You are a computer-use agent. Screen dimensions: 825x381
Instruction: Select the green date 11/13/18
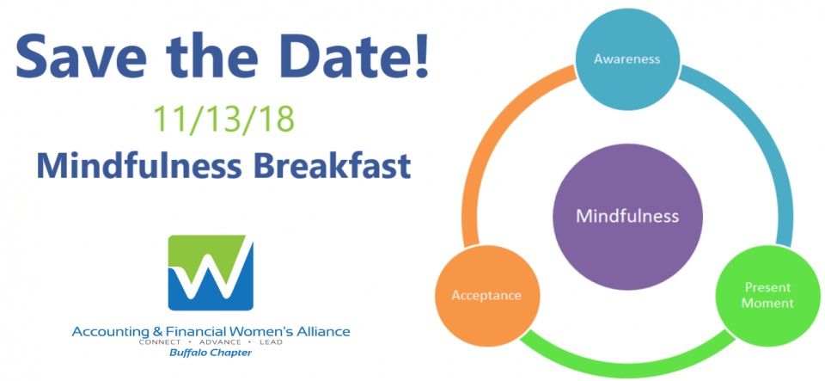click(x=223, y=120)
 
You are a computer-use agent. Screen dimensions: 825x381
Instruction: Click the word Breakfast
click(x=326, y=165)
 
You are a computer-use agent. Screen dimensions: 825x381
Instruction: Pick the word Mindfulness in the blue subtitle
click(x=133, y=165)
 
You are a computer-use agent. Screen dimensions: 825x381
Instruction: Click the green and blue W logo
click(x=211, y=272)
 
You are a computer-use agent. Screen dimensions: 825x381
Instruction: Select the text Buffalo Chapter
click(x=211, y=353)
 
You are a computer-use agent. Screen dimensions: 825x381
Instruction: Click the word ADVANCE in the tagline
click(x=211, y=342)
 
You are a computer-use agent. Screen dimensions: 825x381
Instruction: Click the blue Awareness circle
click(x=626, y=59)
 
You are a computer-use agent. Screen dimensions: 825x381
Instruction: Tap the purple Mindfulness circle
click(x=627, y=216)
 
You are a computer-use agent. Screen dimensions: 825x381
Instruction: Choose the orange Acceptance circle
click(x=486, y=296)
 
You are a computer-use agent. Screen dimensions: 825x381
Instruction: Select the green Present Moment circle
click(x=768, y=296)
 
